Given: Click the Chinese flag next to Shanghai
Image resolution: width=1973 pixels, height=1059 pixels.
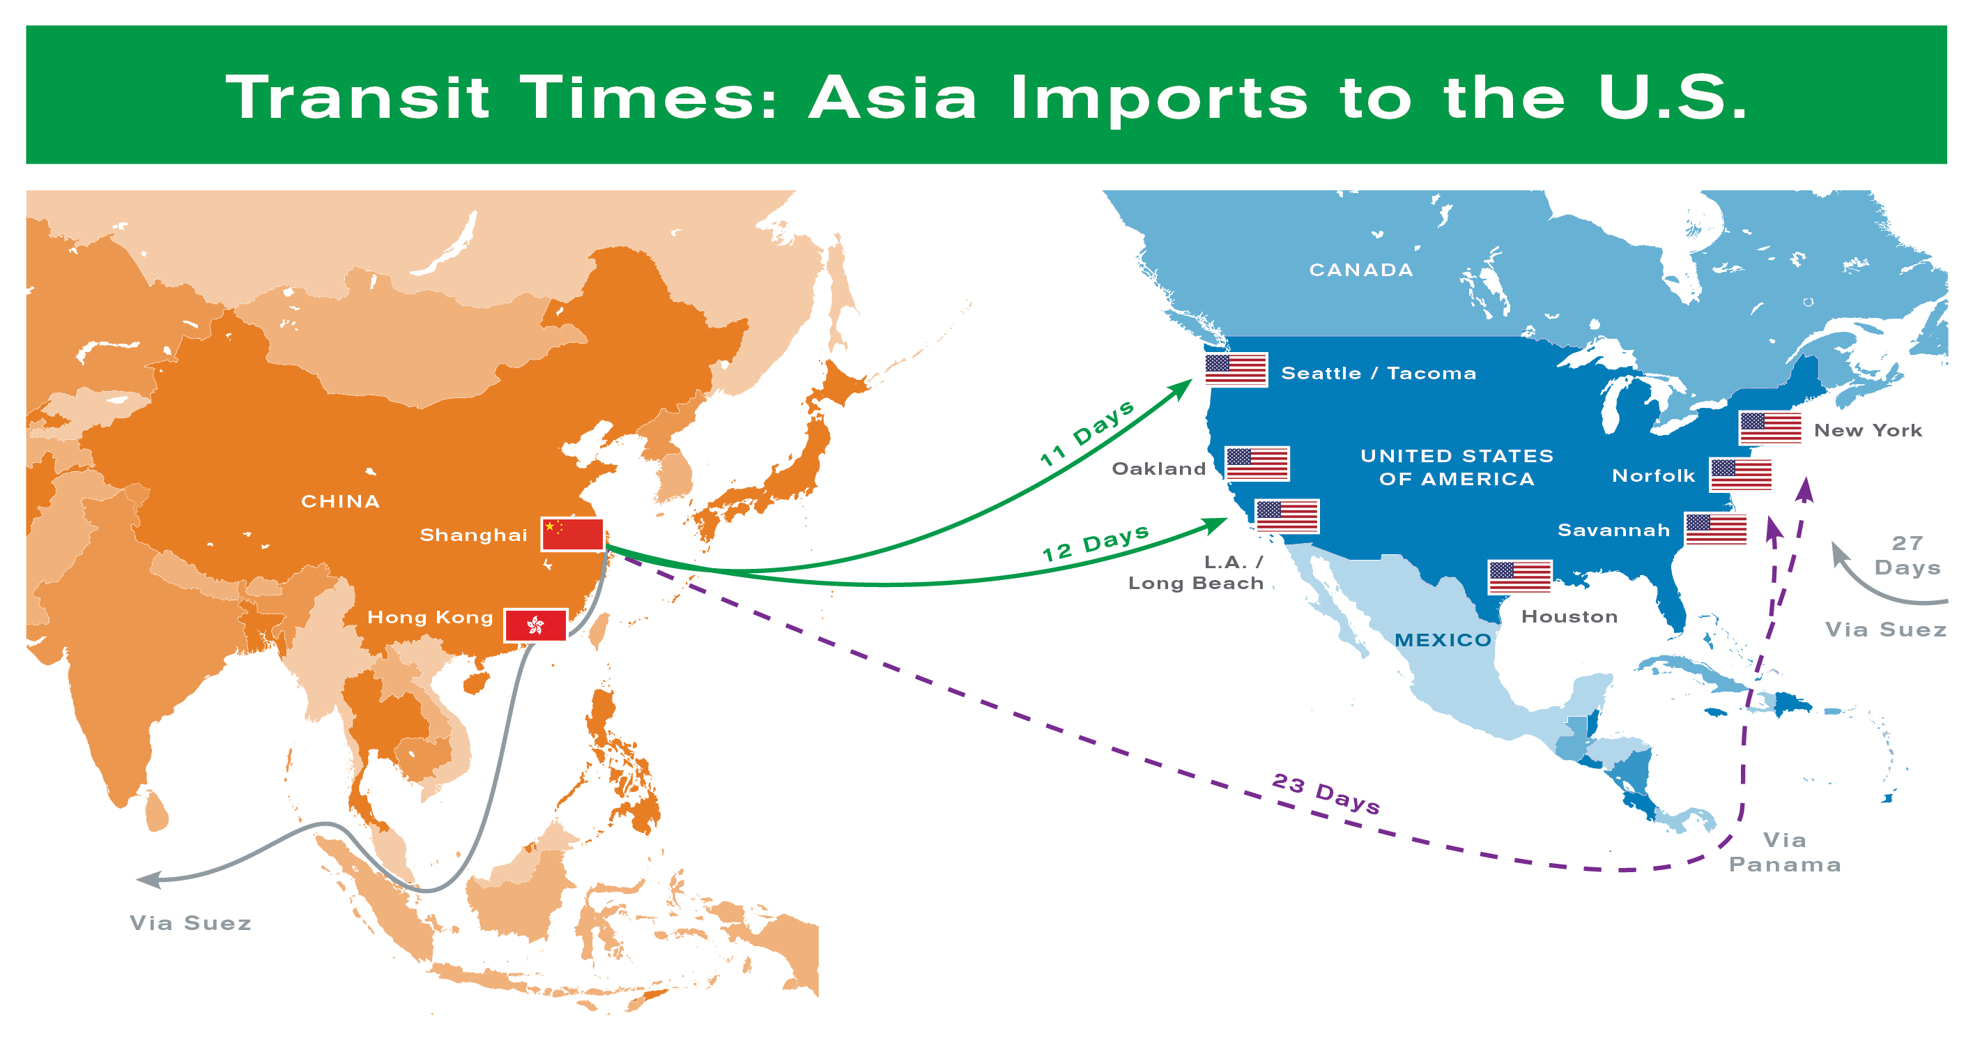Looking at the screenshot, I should (x=573, y=534).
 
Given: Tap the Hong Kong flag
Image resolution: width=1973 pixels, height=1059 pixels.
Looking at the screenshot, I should (x=536, y=625).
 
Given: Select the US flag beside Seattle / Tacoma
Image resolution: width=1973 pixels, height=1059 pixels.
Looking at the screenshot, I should (x=1235, y=370).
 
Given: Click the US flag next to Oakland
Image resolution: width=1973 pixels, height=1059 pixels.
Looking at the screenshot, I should (x=1257, y=464).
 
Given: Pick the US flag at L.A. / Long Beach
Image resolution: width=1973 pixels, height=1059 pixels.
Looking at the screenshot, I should (x=1287, y=517).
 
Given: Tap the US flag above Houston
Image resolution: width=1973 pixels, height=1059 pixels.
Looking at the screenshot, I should (x=1519, y=577).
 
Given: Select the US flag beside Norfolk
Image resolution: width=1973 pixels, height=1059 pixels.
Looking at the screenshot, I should (x=1741, y=475).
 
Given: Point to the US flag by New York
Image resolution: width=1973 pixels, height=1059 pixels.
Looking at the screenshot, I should (x=1771, y=427).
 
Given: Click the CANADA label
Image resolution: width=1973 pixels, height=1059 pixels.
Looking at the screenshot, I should (x=1361, y=270).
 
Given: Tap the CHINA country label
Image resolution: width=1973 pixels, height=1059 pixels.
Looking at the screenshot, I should (x=340, y=501).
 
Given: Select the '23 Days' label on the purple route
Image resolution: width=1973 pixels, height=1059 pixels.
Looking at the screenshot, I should (x=1326, y=794).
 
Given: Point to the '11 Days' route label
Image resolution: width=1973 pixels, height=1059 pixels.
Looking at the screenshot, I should (x=1088, y=434).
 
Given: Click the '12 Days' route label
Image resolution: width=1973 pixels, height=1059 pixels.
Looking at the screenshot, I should (x=1096, y=543).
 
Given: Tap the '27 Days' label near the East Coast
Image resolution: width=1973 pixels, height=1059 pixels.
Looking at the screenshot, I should (x=1906, y=556).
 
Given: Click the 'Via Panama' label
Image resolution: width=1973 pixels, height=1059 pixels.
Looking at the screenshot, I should (x=1785, y=852).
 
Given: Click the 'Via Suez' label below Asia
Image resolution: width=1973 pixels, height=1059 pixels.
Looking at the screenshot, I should (x=191, y=922).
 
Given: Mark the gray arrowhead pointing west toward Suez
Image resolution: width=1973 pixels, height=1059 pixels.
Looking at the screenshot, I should (x=147, y=880).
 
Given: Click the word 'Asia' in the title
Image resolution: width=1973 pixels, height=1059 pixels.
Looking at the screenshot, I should (x=893, y=98).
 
